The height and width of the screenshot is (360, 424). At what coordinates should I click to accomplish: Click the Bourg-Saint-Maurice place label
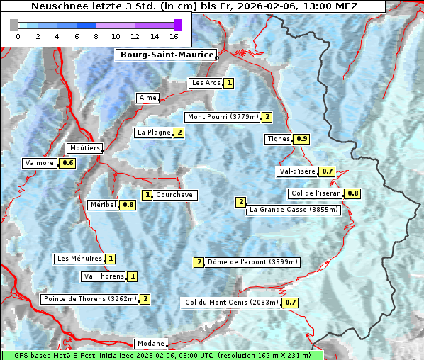point(165,55)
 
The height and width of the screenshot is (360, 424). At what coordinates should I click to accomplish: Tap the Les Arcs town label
point(206,83)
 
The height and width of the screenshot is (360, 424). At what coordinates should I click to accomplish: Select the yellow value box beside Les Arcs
point(229,83)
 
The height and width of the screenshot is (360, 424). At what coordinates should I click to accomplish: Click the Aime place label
point(148,98)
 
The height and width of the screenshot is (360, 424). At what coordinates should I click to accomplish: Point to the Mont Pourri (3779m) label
point(222,117)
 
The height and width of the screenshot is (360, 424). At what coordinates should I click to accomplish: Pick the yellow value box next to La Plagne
point(179,133)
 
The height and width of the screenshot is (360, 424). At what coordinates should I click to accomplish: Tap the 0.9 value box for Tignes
point(302,139)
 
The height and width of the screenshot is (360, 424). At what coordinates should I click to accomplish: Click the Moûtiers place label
point(85,148)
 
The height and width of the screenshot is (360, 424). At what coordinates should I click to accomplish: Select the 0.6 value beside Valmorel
point(68,163)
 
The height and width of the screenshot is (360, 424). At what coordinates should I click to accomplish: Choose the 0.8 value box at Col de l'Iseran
point(352,193)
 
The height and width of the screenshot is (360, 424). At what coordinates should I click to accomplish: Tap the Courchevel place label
point(175,195)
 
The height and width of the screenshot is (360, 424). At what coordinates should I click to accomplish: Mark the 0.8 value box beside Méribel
point(128,205)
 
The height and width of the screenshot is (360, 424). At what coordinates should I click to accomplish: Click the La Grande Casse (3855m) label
point(294,210)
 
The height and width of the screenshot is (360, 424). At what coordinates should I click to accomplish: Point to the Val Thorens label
point(104,276)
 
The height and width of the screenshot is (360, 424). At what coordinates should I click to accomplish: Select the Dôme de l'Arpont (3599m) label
point(253,262)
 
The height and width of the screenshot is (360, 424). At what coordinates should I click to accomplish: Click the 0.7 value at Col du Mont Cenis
point(290,303)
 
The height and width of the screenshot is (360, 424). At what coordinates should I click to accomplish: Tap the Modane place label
point(150,344)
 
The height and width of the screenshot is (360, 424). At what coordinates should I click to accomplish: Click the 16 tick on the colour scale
point(174,36)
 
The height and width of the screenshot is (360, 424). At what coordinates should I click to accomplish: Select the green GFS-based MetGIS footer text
point(162,355)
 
